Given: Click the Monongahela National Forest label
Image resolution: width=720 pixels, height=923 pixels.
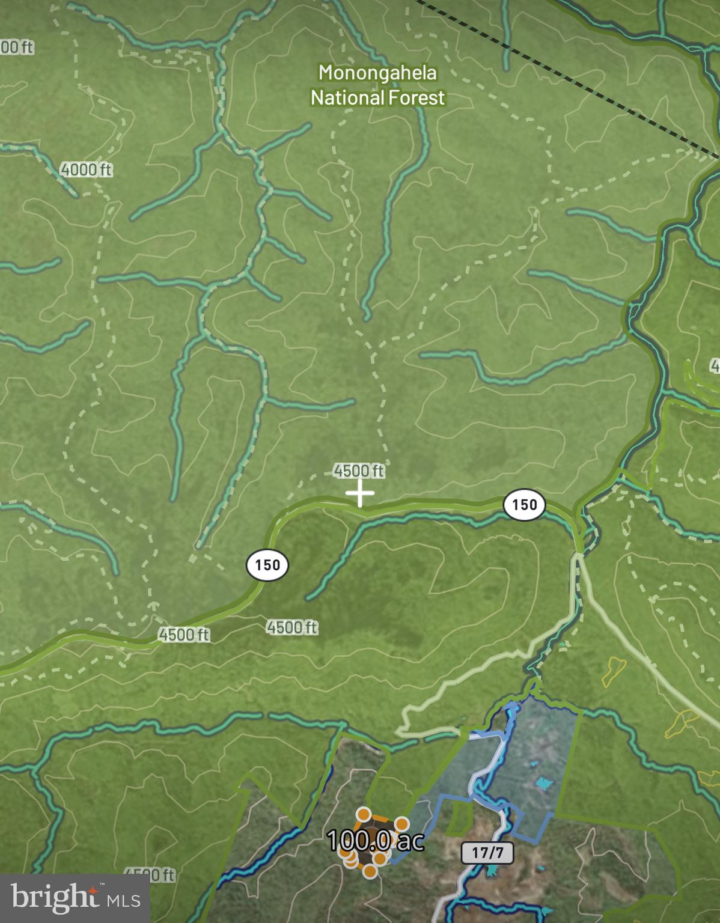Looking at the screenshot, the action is point(377,85).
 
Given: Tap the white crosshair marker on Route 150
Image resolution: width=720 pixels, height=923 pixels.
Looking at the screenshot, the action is point(360,493).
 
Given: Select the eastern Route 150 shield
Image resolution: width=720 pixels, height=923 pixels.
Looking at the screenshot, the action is point(524,504).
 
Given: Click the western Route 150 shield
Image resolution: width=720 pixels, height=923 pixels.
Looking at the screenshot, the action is point(267,565).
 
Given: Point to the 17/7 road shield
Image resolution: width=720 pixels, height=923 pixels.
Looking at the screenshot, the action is point(487,852).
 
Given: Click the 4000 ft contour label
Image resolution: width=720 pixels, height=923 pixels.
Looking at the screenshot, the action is point(87,170).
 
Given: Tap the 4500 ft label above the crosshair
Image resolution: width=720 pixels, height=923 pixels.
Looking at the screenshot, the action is point(359,471).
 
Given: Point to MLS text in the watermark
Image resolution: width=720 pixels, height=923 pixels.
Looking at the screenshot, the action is point(124,900).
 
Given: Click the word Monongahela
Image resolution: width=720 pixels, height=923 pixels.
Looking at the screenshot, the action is point(377,73).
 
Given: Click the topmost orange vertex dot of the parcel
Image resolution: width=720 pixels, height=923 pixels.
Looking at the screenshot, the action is point(363,815).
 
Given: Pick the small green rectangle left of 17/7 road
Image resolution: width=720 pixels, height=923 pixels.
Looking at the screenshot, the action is point(460,818).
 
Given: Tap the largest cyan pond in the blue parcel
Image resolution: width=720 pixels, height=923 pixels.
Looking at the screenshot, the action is point(543,783).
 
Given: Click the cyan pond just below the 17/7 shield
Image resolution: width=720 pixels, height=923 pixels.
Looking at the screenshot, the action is point(492,870).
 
